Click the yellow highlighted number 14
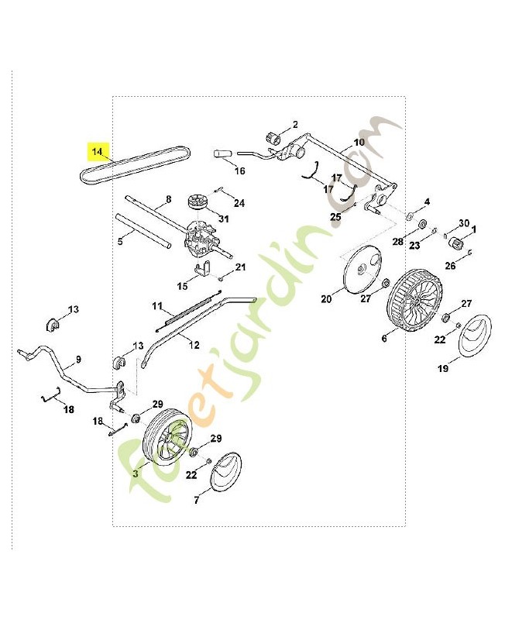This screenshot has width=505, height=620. pos(98,151)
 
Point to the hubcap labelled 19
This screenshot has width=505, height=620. pos(476,336)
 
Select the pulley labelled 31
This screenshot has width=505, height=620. pos(198,201)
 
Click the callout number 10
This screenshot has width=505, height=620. pos(359,142)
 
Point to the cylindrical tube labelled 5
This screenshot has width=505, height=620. pos(143,231)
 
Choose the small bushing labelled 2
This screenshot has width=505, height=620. pos(273,139)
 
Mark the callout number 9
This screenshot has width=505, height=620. pos(79,359)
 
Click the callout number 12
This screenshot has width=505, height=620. pos(194,345)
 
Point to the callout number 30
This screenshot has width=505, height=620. pos(464,223)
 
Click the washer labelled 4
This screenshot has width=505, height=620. pos(409,216)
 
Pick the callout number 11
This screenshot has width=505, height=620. pos(157,306)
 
